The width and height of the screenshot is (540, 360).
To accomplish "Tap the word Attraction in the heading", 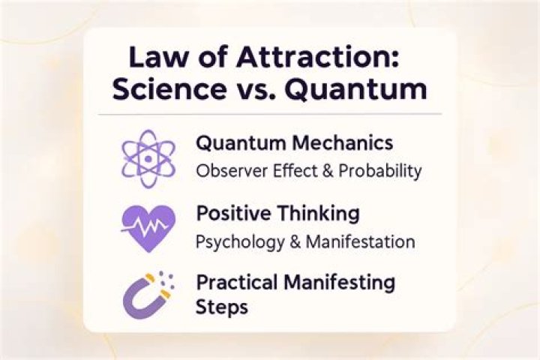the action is coord(317,57).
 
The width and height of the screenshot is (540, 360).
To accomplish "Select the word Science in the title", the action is coord(169,89).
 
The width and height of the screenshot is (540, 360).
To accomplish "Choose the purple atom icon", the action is coord(148,159).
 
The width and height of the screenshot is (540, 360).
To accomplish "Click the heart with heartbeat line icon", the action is coord(148,229).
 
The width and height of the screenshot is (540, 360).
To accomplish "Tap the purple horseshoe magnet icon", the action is coord(148,295).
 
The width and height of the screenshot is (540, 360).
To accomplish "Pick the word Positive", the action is coord(233,213).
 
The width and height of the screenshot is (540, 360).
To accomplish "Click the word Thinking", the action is coord(319,214).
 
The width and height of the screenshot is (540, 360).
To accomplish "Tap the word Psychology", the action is coord(240,242).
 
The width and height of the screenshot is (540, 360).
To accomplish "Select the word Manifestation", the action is coord(360,241).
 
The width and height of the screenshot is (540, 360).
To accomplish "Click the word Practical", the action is coord(237,283).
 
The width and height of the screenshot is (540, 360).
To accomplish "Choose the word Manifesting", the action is coord(340,283).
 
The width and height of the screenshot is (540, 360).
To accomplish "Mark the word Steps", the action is coord(222,307).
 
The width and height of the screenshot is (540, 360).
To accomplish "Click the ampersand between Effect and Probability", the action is coord(328,171).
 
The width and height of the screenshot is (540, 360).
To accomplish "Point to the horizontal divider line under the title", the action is coord(270,114).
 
